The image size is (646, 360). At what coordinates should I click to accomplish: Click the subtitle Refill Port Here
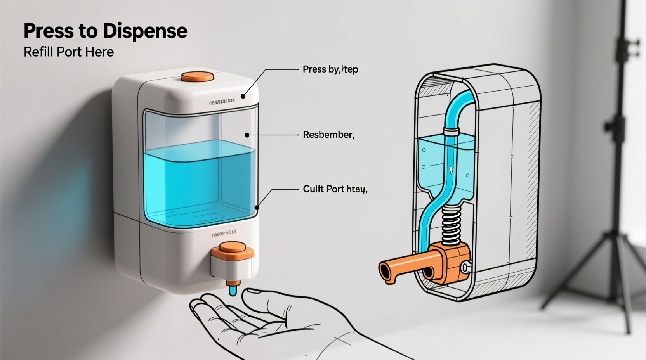coord(69,52)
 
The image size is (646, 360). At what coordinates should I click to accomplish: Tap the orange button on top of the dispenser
coord(197,76)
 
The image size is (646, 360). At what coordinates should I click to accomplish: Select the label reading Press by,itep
coord(330,69)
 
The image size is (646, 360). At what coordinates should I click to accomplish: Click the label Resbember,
coord(328,135)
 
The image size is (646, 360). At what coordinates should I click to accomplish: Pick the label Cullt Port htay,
coord(335,189)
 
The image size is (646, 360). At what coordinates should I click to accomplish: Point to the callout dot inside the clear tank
coord(247,135)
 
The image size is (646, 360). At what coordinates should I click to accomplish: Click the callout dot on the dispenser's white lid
coord(243,96)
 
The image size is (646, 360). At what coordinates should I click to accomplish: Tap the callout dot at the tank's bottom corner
coord(257,208)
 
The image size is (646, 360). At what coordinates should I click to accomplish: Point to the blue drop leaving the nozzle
coord(233,291)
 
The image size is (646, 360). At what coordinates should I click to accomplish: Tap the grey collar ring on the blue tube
coord(452,131)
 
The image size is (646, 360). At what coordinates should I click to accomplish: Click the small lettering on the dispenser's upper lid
coord(222,102)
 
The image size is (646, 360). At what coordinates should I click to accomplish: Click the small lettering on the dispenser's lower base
coord(224,234)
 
